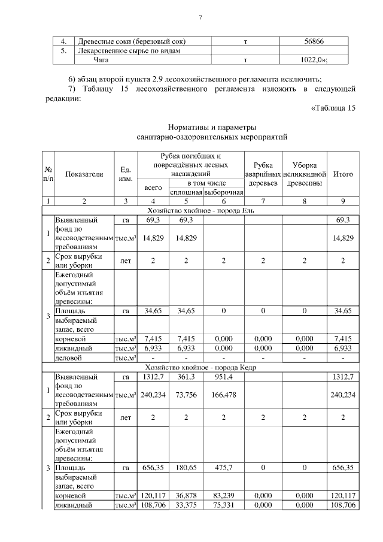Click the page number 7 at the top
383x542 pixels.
(200, 18)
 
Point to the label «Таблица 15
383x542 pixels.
(333, 108)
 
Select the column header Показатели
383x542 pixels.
(84, 174)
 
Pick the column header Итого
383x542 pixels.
(343, 174)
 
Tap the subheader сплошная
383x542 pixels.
(187, 192)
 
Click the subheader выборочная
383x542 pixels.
(223, 192)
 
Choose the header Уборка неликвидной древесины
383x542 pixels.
(304, 174)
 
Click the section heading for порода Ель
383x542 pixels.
(200, 210)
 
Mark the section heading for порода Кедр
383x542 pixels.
(200, 366)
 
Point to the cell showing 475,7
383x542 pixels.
(223, 467)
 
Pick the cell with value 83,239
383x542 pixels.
(223, 496)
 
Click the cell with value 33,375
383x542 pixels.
(187, 505)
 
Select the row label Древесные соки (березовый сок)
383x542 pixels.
(132, 41)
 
